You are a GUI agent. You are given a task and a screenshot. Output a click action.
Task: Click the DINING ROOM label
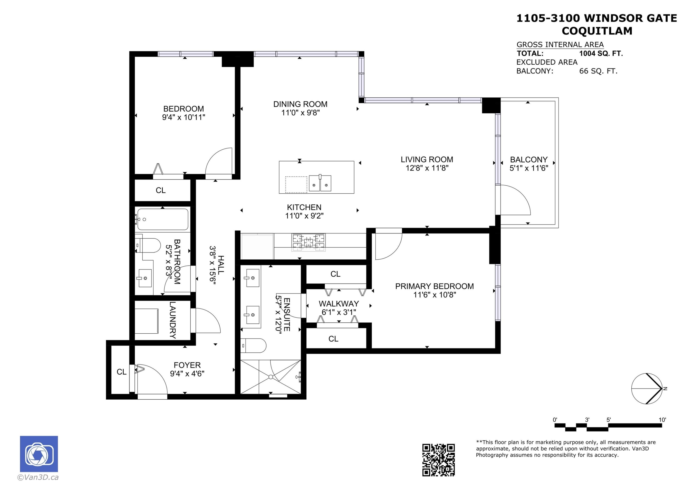pyautogui.click(x=300, y=104)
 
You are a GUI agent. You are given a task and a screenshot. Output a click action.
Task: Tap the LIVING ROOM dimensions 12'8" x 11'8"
pyautogui.click(x=427, y=168)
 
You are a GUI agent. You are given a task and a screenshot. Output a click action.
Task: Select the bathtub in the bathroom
pyautogui.click(x=163, y=220)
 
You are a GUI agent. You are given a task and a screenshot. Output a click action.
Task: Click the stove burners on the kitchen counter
pyautogui.click(x=308, y=242)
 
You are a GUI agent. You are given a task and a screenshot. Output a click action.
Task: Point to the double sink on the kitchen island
pyautogui.click(x=320, y=183)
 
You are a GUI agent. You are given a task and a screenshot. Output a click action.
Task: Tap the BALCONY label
pyautogui.click(x=529, y=160)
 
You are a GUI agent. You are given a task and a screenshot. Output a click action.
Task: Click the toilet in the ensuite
pyautogui.click(x=253, y=346)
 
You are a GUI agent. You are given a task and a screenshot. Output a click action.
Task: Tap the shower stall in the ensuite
pyautogui.click(x=270, y=377)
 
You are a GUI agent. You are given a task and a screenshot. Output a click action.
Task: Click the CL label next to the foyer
pyautogui.click(x=121, y=372)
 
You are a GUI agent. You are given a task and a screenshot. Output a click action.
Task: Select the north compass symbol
pyautogui.click(x=647, y=389)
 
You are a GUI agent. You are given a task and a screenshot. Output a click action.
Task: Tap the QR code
pyautogui.click(x=438, y=460)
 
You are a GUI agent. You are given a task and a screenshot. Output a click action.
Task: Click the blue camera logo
pyautogui.click(x=39, y=454)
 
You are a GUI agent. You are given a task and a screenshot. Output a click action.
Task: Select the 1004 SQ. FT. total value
pyautogui.click(x=601, y=54)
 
